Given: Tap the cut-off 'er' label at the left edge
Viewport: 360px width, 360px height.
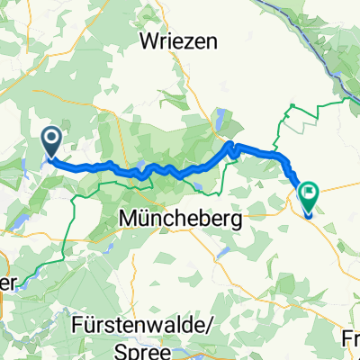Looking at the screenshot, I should pyautogui.click(x=7, y=282).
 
